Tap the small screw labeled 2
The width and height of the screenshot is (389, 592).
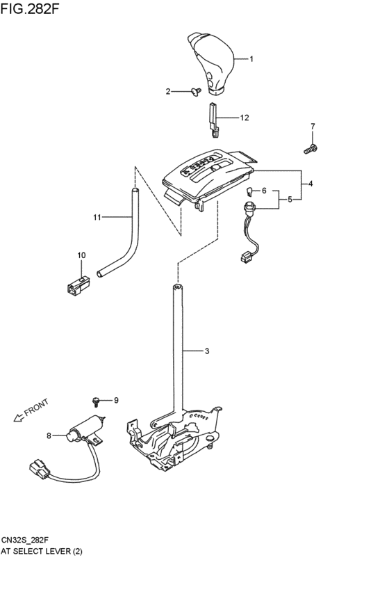click(197, 90)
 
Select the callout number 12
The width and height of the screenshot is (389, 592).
click(244, 118)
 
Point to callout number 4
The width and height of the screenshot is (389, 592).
click(311, 184)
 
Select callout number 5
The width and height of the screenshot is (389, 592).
click(290, 199)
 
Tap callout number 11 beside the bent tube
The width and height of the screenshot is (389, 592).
click(97, 217)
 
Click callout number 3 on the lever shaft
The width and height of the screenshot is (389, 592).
click(206, 351)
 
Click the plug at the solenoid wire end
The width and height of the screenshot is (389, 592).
click(39, 470)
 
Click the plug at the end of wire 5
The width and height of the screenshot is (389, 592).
click(245, 258)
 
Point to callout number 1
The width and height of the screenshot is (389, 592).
click(251, 59)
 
